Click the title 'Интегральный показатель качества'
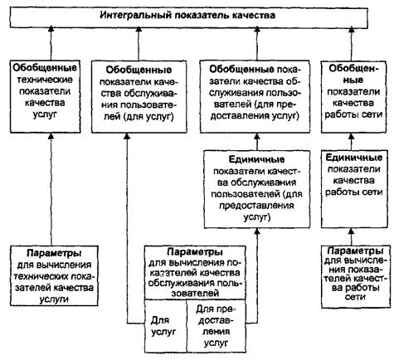click(187, 15)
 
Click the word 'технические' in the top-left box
click(45, 80)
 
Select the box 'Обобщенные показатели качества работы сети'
click(353, 97)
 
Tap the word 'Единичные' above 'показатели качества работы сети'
click(353, 158)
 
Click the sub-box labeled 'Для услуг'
click(166, 326)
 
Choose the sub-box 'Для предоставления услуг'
click(216, 326)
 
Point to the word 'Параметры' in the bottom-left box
click(54, 253)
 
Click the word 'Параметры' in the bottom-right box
click(355, 251)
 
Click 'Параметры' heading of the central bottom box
click(195, 252)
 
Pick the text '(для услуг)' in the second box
click(149, 117)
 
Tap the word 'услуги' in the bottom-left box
click(54, 299)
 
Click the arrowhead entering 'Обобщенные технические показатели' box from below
click(51, 136)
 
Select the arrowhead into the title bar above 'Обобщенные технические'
click(51, 29)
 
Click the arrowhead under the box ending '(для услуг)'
click(127, 136)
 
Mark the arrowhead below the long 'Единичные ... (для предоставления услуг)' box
click(257, 231)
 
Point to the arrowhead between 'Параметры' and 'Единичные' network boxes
click(352, 231)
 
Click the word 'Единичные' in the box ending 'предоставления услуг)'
click(257, 159)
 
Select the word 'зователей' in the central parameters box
click(195, 293)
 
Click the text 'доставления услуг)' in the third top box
click(255, 115)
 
